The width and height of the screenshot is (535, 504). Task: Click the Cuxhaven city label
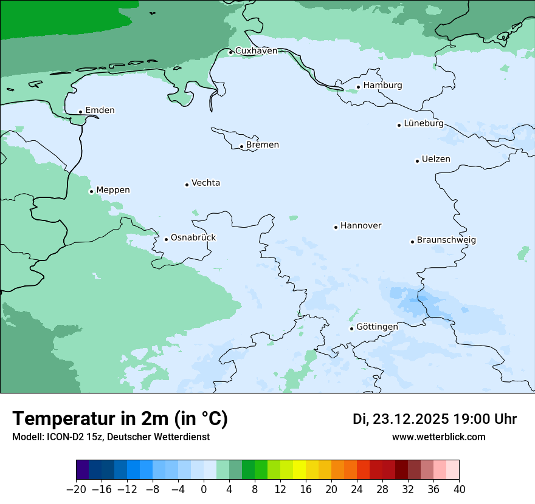point(256,51)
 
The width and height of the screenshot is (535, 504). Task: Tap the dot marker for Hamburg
point(359,87)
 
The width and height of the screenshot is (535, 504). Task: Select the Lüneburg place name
point(424,123)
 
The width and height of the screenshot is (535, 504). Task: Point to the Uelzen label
point(436,159)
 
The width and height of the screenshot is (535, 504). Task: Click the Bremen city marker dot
point(241,146)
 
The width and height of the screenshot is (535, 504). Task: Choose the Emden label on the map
point(100,111)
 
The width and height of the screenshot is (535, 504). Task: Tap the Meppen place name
point(113,190)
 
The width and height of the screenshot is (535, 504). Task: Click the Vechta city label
point(205,183)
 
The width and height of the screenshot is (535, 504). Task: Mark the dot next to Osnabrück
point(166,239)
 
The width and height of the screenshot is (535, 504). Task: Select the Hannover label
point(361,226)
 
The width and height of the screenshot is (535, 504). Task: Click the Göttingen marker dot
point(351,329)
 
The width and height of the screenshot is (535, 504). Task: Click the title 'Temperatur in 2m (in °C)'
point(120,418)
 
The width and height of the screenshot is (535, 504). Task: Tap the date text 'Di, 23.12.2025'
point(401,419)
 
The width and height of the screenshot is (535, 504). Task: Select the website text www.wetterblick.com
point(438,437)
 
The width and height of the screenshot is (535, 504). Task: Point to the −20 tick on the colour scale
point(77,489)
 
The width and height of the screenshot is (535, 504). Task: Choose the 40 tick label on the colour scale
point(459,489)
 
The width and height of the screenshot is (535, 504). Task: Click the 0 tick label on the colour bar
point(204,489)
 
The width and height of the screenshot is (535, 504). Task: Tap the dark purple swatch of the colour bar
point(83,470)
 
